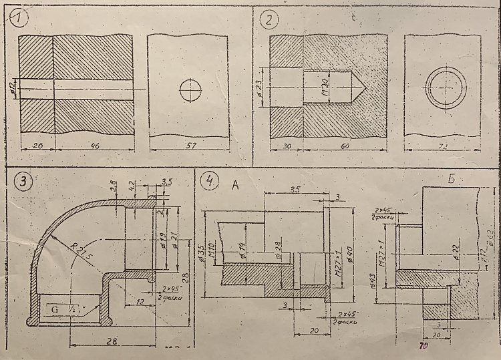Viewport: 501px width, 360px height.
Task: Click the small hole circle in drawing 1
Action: coord(191,89)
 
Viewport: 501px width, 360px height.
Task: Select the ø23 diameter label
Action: coord(261,88)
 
